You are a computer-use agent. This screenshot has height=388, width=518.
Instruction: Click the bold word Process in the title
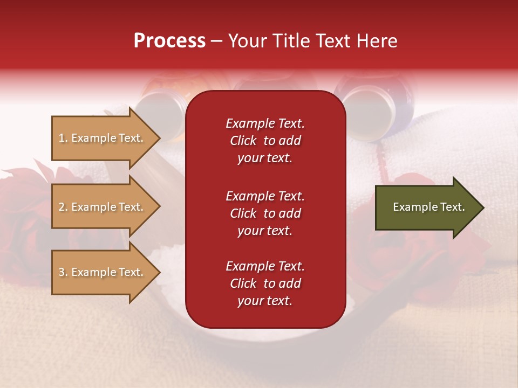(169, 41)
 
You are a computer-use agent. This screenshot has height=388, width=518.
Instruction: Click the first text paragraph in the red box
(265, 141)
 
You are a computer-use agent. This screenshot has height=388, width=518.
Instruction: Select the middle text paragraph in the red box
(265, 213)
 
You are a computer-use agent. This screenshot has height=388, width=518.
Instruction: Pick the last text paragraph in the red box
(265, 283)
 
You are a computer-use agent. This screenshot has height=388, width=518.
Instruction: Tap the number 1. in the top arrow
(63, 138)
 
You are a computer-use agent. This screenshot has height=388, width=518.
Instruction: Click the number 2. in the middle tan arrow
(63, 207)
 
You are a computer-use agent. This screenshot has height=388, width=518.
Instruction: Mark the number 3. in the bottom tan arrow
(63, 272)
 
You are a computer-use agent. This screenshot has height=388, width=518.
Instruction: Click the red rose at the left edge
(22, 216)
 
